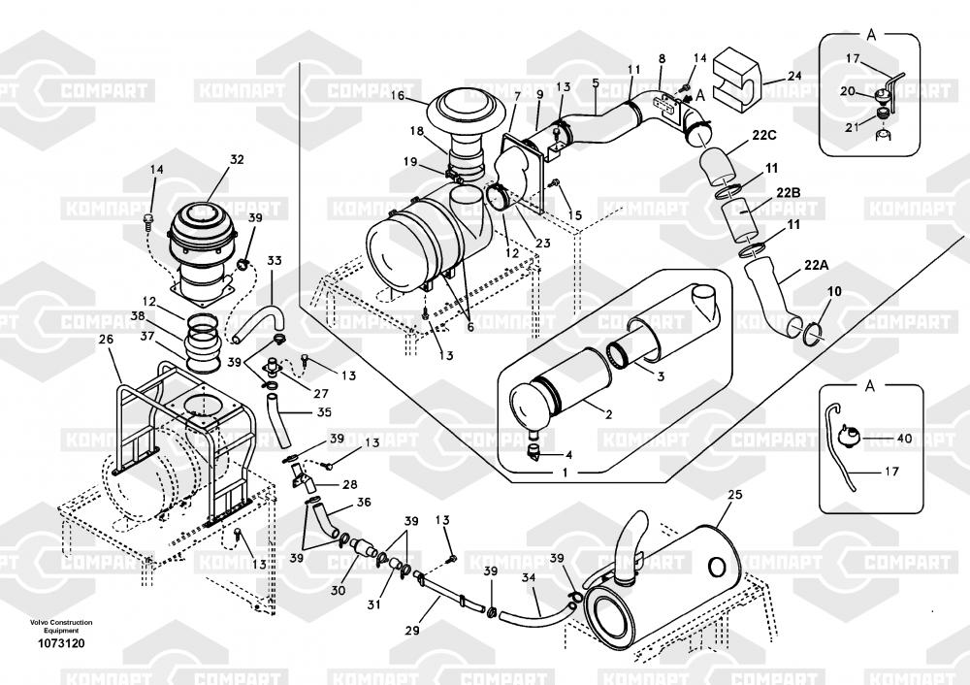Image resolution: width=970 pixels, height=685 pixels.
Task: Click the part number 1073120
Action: click(x=60, y=642)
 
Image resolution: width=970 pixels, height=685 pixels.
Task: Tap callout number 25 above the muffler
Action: click(x=734, y=496)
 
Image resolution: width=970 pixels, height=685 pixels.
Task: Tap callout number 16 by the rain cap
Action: click(x=398, y=95)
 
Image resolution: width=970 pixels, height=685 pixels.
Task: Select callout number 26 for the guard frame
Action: click(x=106, y=339)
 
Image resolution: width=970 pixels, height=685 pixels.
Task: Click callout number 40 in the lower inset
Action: click(x=904, y=439)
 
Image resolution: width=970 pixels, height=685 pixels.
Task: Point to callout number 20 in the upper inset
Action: click(x=846, y=91)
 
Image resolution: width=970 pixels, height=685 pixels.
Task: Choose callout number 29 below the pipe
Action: click(x=411, y=631)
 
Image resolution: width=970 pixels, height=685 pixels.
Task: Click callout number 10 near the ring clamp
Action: click(x=834, y=292)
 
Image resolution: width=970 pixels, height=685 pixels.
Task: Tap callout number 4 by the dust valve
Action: click(x=568, y=454)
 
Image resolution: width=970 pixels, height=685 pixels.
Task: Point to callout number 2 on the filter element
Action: click(x=608, y=414)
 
